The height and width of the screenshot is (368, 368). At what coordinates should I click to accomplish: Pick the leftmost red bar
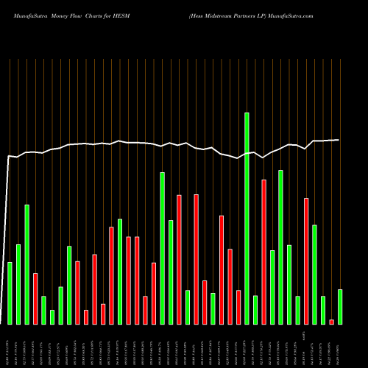click(x=35, y=298)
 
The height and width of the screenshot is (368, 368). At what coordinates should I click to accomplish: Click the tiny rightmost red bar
click(x=332, y=322)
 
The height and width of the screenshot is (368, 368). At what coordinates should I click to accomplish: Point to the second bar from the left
click(x=18, y=284)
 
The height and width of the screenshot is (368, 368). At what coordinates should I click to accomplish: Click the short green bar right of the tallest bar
click(x=255, y=309)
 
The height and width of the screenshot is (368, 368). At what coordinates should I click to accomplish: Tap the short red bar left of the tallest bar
click(x=238, y=307)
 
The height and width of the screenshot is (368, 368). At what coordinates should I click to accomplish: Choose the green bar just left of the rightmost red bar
click(x=323, y=309)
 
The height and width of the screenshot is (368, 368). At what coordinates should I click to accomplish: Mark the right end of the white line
click(x=339, y=140)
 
